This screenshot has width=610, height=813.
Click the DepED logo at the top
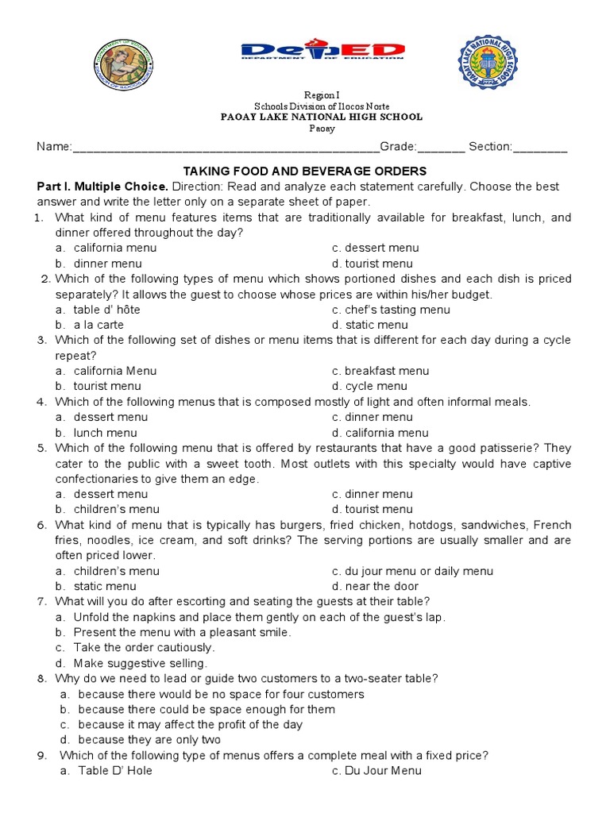click(322, 50)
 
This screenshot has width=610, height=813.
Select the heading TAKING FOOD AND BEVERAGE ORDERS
click(305, 171)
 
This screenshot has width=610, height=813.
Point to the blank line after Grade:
click(441, 148)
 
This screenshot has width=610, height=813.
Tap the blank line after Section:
click(540, 148)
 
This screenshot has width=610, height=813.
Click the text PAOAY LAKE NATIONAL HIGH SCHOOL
click(321, 117)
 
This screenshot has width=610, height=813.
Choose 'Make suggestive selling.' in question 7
click(140, 663)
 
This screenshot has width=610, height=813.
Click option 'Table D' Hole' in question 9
click(115, 770)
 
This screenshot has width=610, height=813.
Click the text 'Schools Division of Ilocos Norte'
click(322, 106)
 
